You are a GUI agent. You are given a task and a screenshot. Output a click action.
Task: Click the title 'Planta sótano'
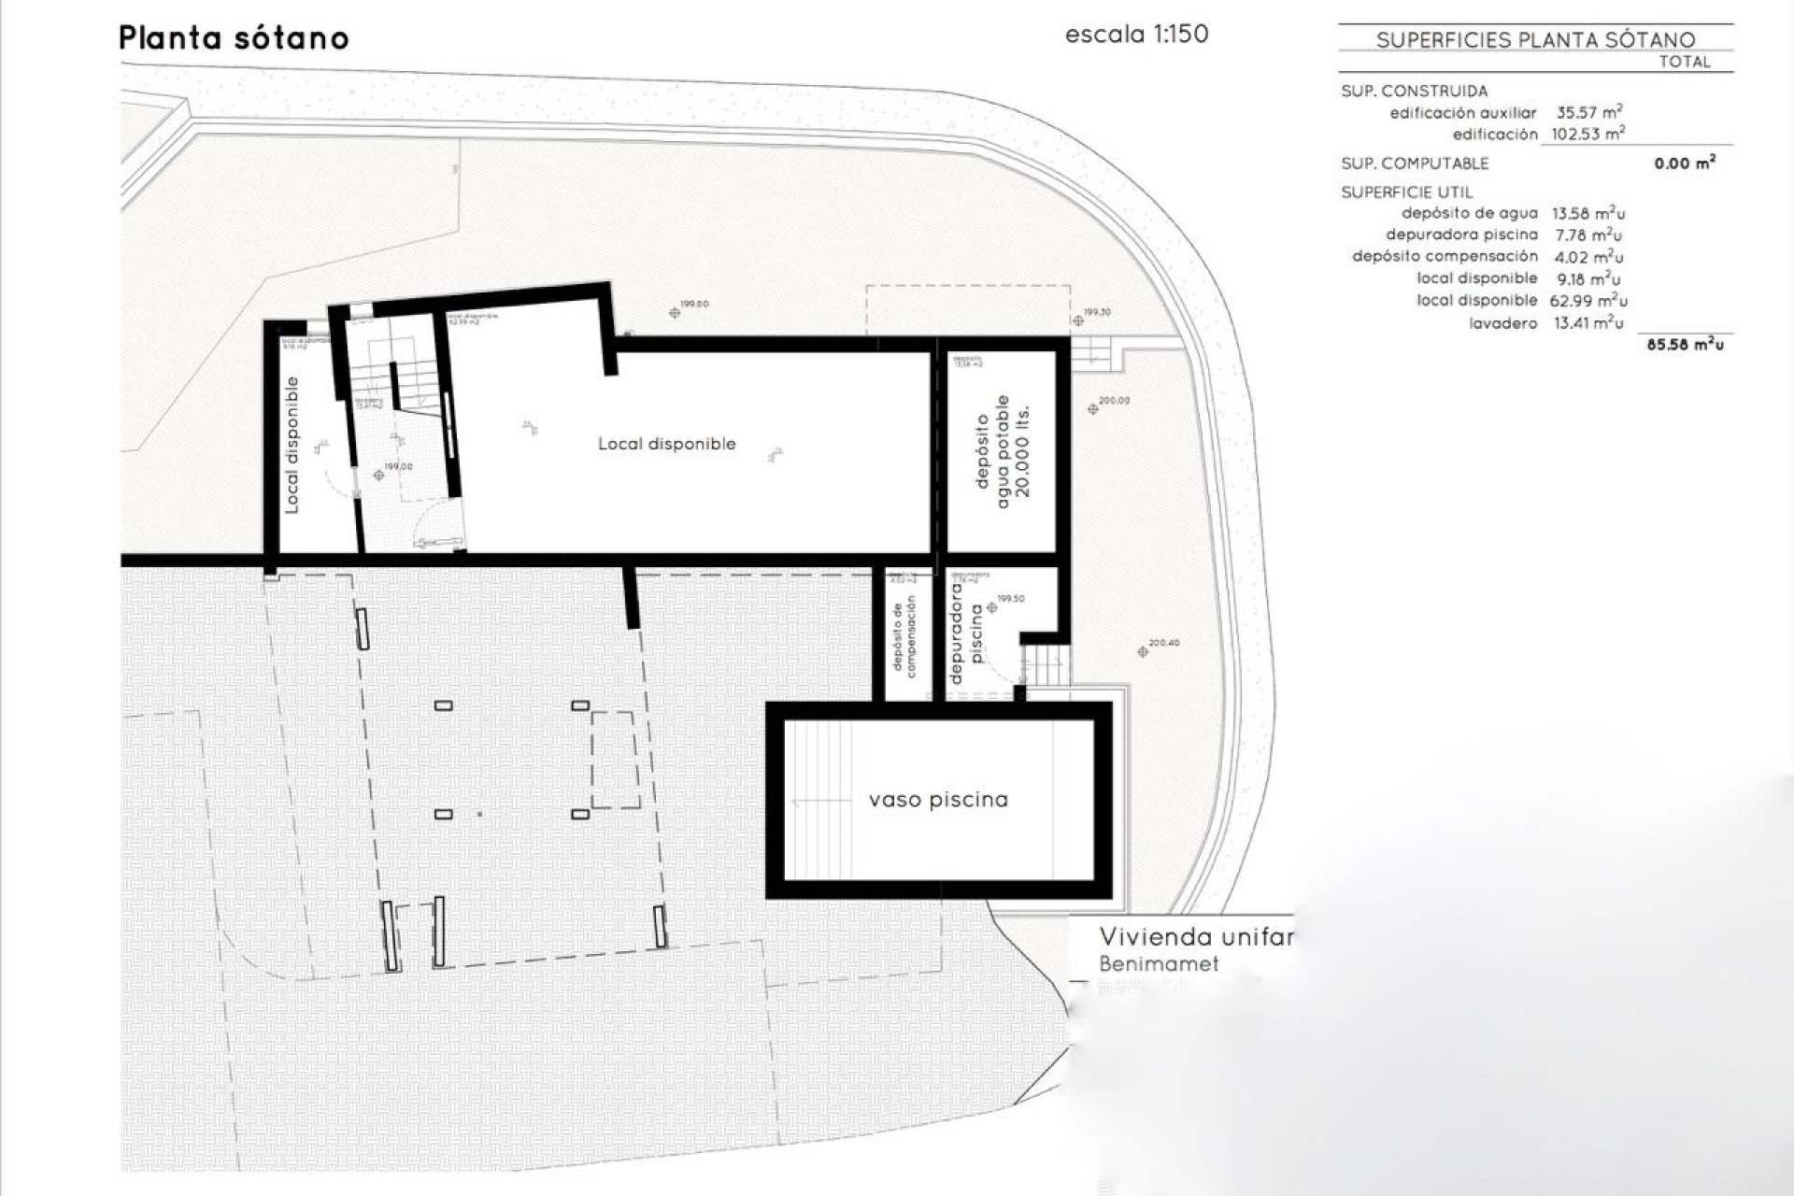pyautogui.click(x=234, y=38)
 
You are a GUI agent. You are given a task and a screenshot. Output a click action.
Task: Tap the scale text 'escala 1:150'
pyautogui.click(x=1136, y=35)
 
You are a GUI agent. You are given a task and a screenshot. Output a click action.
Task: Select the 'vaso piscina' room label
pyautogui.click(x=938, y=800)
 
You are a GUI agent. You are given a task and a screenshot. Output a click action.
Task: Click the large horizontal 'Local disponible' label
pyautogui.click(x=667, y=444)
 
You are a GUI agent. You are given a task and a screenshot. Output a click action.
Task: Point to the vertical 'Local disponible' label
pyautogui.click(x=292, y=445)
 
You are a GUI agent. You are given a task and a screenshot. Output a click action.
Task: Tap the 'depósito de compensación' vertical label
pyautogui.click(x=904, y=635)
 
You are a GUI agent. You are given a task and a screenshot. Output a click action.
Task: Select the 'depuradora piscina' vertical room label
pyautogui.click(x=965, y=634)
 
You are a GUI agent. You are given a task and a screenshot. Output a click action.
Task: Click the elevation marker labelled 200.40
pyautogui.click(x=1143, y=651)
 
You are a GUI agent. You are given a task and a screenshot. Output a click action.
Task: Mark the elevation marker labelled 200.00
pyautogui.click(x=1093, y=408)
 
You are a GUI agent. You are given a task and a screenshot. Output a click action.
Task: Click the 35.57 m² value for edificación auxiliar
pyautogui.click(x=1588, y=112)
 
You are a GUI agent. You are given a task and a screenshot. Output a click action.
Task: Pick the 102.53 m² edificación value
pyautogui.click(x=1588, y=134)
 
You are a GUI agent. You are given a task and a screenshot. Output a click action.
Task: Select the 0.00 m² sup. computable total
pyautogui.click(x=1685, y=164)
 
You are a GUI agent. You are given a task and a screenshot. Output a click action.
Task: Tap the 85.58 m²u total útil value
pyautogui.click(x=1685, y=345)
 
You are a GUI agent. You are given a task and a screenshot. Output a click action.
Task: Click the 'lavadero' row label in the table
pyautogui.click(x=1503, y=323)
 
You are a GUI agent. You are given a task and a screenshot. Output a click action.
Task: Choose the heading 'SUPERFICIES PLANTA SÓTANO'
pyautogui.click(x=1535, y=39)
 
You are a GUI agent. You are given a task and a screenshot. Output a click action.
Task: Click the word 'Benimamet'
pyautogui.click(x=1159, y=963)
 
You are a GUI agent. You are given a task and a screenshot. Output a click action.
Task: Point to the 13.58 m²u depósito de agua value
pyautogui.click(x=1587, y=213)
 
